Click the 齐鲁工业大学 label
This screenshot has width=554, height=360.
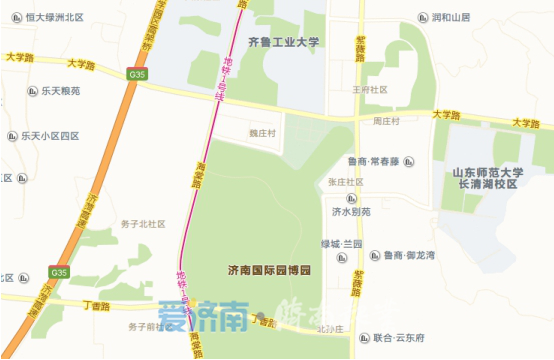(284, 43)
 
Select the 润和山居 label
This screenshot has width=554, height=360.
(450, 17)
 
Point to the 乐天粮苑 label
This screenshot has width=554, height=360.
(59, 89)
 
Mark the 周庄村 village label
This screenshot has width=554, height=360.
(386, 121)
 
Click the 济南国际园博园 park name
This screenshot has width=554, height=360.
(270, 271)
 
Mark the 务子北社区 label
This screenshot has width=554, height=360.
(142, 224)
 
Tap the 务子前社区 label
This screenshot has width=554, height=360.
(150, 327)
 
